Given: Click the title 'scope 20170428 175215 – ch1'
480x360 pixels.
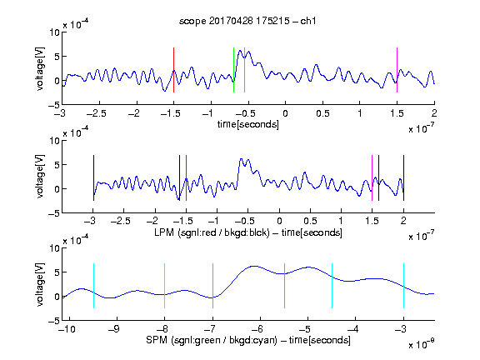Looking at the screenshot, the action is click(247, 21).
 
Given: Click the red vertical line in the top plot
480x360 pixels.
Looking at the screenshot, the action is click(173, 70).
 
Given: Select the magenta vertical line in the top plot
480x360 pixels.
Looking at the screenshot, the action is click(397, 70).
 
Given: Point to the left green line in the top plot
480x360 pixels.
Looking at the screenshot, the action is click(233, 70).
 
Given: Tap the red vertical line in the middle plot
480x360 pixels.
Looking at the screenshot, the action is click(186, 177).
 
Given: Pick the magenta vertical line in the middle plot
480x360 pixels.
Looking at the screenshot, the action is click(372, 177).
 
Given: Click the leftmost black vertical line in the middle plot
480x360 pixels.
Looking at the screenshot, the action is click(93, 177).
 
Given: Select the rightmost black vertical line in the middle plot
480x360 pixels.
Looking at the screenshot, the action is click(403, 177).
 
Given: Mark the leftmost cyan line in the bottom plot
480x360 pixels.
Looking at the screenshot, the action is click(93, 286).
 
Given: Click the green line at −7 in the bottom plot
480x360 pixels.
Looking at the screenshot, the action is click(212, 286).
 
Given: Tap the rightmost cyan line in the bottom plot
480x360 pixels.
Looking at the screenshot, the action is click(403, 286).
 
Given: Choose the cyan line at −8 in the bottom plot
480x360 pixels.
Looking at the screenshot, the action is click(164, 286).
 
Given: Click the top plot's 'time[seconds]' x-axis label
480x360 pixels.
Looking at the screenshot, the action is click(248, 125).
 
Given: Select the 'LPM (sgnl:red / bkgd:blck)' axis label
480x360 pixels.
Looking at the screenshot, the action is click(212, 232).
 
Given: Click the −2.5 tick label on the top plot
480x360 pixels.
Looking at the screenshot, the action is click(96, 114).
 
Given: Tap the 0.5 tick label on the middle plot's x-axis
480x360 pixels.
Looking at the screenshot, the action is click(310, 221).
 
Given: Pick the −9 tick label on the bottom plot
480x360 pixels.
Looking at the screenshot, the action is click(113, 329).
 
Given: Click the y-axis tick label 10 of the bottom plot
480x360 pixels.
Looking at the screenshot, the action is click(54, 248).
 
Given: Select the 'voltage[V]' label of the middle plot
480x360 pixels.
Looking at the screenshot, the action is click(40, 177).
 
